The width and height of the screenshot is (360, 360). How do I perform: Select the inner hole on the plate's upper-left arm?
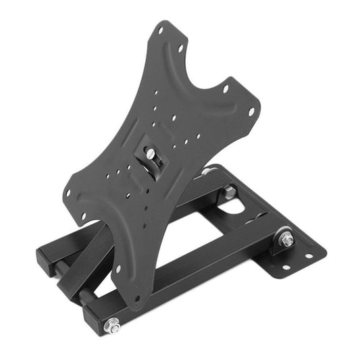point(180,49)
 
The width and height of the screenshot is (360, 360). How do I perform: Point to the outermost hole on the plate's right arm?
point(251,112)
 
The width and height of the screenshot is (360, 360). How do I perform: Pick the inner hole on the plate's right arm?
point(226,88)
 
